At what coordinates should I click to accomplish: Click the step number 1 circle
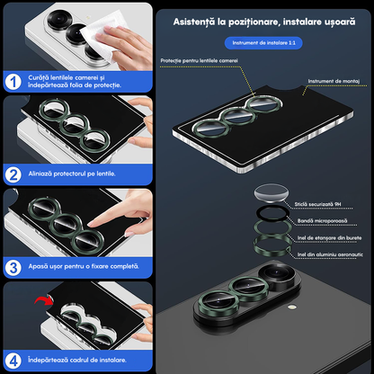click(13, 82)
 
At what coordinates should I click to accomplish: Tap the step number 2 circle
click(13, 174)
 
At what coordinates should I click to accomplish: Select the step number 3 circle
click(13, 268)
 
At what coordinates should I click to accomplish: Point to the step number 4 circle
click(13, 361)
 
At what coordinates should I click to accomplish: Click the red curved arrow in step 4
click(44, 299)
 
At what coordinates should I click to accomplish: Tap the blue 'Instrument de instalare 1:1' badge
click(263, 43)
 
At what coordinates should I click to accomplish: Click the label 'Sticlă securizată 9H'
click(317, 204)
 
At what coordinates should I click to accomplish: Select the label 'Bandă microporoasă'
click(323, 221)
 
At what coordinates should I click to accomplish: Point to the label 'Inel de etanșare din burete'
click(329, 238)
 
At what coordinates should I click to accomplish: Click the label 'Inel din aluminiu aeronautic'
click(330, 254)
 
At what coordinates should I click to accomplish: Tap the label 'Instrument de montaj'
click(334, 81)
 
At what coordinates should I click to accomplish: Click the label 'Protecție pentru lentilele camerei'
click(199, 60)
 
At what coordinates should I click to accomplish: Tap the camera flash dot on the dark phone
click(290, 307)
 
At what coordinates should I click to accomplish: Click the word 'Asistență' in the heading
click(194, 22)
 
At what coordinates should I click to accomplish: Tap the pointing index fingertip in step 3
click(91, 224)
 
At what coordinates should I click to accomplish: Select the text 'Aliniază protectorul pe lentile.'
click(72, 174)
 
